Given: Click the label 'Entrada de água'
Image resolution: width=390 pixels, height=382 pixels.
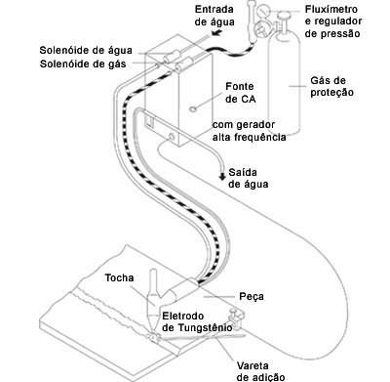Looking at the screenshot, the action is tap(214, 16).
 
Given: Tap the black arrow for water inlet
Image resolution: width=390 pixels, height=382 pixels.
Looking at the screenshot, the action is tap(216, 32).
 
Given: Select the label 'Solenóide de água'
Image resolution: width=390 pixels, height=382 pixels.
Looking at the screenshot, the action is tap(86, 51).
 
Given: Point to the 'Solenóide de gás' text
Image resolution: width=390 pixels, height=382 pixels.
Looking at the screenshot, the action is tap(83, 64).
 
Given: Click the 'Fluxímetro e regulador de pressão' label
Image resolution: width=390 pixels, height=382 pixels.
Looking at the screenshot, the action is tap(333, 21).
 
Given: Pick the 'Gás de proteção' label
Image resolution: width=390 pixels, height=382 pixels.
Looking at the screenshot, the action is tap(331, 86).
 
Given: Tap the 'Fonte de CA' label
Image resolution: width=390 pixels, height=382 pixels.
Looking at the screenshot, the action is tap(240, 93).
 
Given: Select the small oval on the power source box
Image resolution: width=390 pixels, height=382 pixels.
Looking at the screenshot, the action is tap(193, 109).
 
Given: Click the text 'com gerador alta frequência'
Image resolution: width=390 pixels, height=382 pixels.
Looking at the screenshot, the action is tap(250, 131).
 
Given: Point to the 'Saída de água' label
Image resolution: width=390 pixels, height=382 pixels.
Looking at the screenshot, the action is tap(249, 178).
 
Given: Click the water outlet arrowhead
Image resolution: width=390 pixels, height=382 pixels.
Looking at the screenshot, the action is tap(222, 177).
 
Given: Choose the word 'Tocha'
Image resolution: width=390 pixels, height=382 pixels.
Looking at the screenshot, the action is tap(119, 278).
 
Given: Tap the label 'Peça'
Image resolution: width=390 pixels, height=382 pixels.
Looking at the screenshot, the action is tap(252, 297).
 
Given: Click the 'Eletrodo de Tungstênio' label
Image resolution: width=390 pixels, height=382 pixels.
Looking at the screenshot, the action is tap(197, 321).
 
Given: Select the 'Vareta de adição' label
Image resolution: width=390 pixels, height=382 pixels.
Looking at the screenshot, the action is tap(260, 371).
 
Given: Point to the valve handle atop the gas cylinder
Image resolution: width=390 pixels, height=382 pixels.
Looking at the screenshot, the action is tap(285, 15).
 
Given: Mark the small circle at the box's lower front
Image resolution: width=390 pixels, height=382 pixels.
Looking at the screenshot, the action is tap(172, 136).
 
